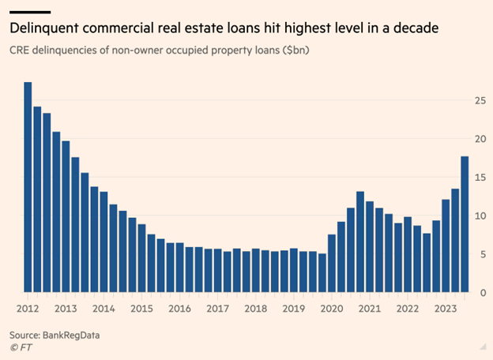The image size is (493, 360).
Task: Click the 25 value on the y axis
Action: [480, 100]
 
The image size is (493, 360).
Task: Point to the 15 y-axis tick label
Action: [480, 178]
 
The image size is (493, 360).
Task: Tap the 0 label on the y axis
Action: [482, 292]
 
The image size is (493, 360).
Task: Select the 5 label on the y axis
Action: [482, 254]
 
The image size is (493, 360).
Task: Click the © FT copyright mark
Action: [21, 347]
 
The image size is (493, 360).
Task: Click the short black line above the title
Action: [30, 12]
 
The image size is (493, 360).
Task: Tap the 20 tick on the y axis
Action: [480, 139]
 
